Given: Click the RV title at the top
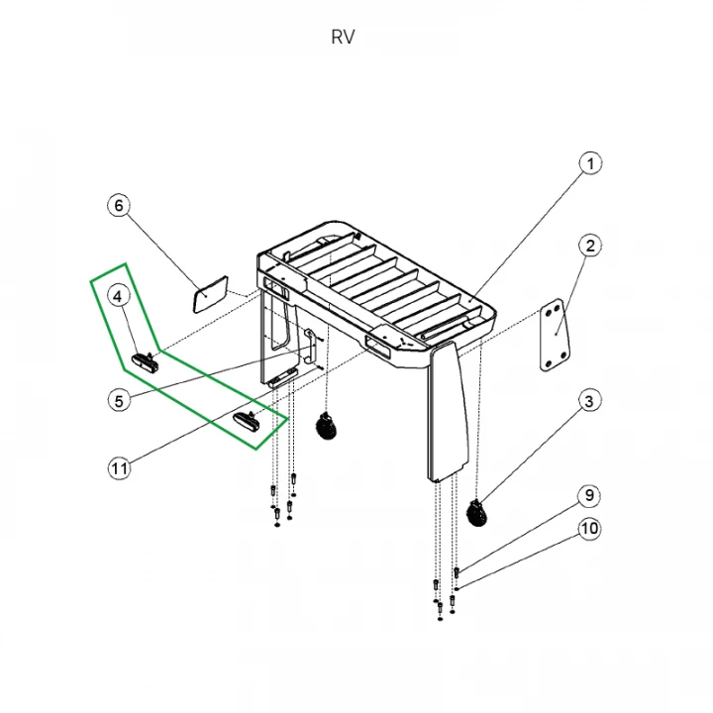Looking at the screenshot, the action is pyautogui.click(x=343, y=38).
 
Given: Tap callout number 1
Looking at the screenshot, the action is pyautogui.click(x=590, y=163).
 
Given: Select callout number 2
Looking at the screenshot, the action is pyautogui.click(x=590, y=246).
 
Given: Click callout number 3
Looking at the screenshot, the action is pyautogui.click(x=589, y=401).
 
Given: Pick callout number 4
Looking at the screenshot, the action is pyautogui.click(x=118, y=297).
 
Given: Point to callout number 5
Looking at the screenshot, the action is pyautogui.click(x=119, y=401).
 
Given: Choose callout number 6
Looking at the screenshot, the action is pyautogui.click(x=119, y=206).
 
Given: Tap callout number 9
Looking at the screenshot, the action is pyautogui.click(x=589, y=495).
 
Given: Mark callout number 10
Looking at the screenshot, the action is pyautogui.click(x=589, y=529).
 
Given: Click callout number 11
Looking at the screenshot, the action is pyautogui.click(x=120, y=467).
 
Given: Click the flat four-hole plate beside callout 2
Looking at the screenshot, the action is pyautogui.click(x=555, y=335).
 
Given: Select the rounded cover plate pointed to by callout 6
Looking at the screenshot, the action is pyautogui.click(x=211, y=294).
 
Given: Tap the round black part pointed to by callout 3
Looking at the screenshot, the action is pyautogui.click(x=477, y=513).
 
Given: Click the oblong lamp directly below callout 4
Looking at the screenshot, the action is pyautogui.click(x=146, y=361).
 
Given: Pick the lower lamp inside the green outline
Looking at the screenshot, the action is pyautogui.click(x=248, y=419).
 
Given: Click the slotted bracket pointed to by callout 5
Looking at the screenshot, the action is pyautogui.click(x=310, y=347).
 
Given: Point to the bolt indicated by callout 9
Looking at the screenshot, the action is pyautogui.click(x=457, y=572).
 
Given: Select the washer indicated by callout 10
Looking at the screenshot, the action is pyautogui.click(x=457, y=589).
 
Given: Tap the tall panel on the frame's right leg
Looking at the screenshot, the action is pyautogui.click(x=448, y=412).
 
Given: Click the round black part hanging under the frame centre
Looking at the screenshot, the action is pyautogui.click(x=326, y=426).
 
